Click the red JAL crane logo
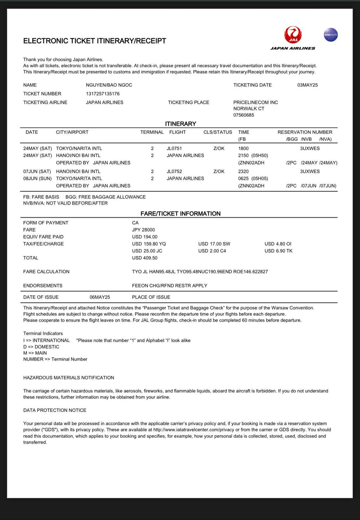293,35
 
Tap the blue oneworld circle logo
331,35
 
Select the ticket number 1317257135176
103,94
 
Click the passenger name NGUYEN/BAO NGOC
109,85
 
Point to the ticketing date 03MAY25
307,85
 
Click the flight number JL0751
174,148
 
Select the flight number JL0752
174,171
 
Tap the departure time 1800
243,148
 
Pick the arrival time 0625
243,178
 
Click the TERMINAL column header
152,132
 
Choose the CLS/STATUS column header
218,132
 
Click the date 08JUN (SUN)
37,178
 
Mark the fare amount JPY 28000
143,230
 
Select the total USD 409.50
145,258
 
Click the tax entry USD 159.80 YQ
149,244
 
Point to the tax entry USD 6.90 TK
278,251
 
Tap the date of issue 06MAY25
100,297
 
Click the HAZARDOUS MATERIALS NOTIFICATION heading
69,378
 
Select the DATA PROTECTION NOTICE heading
55,410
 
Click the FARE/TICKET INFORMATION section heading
180,214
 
